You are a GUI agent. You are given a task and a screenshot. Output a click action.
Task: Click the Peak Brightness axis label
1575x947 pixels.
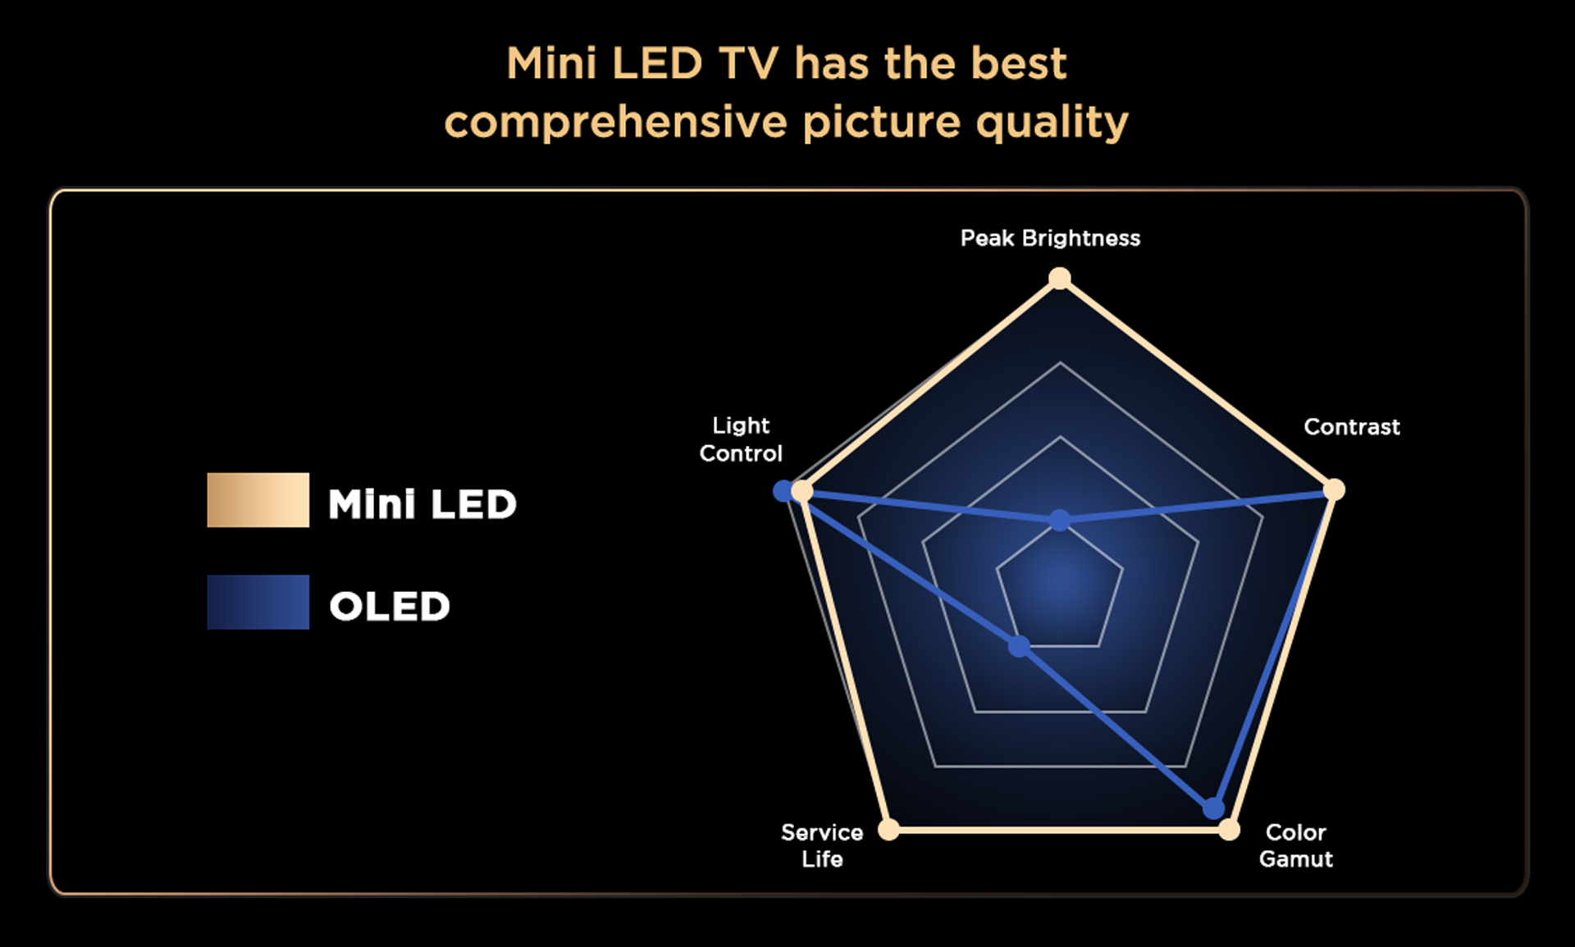[x=1050, y=239]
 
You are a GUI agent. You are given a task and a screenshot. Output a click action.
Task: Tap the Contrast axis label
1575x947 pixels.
[x=1352, y=426]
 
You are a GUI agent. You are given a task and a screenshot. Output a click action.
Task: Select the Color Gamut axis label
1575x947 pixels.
[x=1296, y=845]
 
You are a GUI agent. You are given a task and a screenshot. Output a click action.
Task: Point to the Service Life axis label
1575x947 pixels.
[x=822, y=845]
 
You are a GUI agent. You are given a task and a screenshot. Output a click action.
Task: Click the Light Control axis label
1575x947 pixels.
[x=741, y=439]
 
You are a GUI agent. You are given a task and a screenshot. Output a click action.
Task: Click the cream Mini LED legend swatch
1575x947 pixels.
[x=258, y=499]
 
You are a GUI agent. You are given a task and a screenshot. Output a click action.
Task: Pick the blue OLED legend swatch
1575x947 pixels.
[x=258, y=602]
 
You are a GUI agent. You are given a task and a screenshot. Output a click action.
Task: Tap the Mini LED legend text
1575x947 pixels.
[x=422, y=503]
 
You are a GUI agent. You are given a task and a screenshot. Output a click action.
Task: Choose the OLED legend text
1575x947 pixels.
[x=390, y=607]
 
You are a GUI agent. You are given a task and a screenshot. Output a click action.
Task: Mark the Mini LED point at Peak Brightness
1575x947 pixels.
[x=1060, y=279]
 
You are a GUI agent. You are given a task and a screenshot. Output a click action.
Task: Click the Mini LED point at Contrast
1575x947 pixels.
[x=1335, y=489]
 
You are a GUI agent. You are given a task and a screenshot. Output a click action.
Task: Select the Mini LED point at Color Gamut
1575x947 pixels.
[x=1229, y=830]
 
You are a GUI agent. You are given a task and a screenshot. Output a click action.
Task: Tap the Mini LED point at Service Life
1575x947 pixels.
[x=888, y=830]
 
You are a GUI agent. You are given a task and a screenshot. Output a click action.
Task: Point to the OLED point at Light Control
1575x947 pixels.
[x=784, y=491]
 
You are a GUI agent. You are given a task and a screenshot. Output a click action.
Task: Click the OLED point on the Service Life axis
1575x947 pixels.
[x=1019, y=646]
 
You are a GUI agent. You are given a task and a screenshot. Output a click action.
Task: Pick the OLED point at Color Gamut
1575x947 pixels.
[x=1214, y=808]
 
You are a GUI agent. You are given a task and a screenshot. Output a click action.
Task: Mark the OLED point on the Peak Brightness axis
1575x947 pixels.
[x=1060, y=520]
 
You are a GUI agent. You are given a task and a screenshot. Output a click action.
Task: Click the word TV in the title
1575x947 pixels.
[x=748, y=64]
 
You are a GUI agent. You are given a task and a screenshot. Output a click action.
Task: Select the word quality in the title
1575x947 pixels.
[x=1052, y=123]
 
